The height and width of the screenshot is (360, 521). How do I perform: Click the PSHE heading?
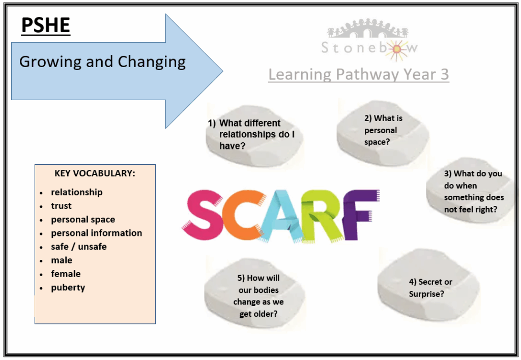click(x=46, y=25)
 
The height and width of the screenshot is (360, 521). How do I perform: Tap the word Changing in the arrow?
click(x=152, y=62)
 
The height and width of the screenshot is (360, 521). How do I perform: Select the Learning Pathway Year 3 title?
click(x=359, y=74)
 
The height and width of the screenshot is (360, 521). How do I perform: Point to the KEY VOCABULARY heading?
click(x=95, y=173)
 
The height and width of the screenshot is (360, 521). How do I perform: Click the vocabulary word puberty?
click(x=68, y=288)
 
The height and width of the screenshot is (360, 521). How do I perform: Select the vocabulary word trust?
click(x=61, y=206)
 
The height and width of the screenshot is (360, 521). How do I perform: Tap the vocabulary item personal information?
click(x=96, y=233)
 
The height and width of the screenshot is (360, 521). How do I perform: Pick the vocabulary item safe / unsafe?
click(x=79, y=247)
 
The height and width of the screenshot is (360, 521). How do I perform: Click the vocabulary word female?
click(x=66, y=274)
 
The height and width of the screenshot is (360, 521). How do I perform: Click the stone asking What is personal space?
click(x=383, y=133)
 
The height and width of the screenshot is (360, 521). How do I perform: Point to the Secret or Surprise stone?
click(x=428, y=287)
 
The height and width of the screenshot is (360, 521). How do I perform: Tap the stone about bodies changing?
click(x=254, y=295)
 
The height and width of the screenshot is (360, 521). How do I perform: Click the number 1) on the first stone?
click(x=212, y=123)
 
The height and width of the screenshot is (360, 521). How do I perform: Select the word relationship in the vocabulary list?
click(x=77, y=192)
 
